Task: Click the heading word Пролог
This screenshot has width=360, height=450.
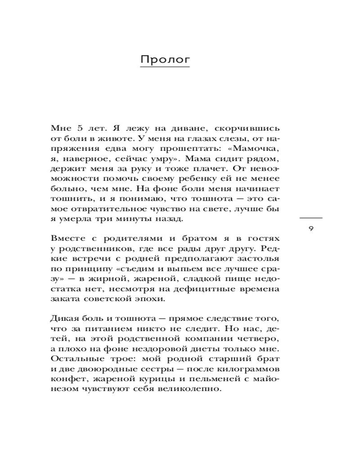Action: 165,59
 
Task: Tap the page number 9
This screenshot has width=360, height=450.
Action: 311,229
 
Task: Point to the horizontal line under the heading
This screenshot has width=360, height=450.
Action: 165,67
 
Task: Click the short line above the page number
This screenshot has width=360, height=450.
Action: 311,218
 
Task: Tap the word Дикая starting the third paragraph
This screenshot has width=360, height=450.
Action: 64,319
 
